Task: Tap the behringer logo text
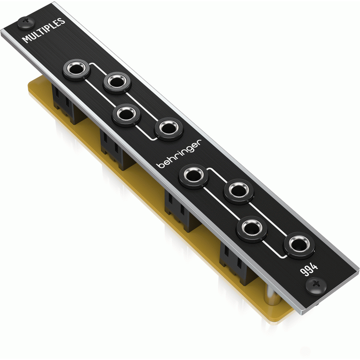[179, 154]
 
